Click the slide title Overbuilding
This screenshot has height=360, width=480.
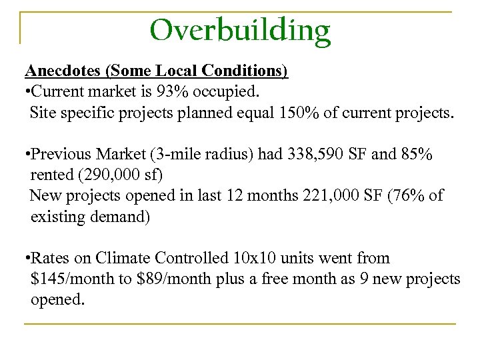pyautogui.click(x=240, y=30)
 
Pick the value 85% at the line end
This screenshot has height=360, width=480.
pyautogui.click(x=415, y=155)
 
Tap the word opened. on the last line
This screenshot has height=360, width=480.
pyautogui.click(x=58, y=299)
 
